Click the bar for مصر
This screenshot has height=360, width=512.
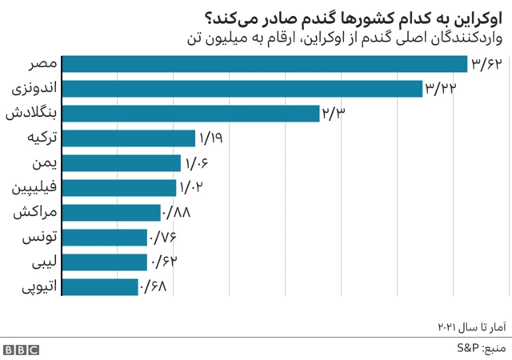pyautogui.click(x=264, y=64)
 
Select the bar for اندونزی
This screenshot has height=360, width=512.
pyautogui.click(x=242, y=89)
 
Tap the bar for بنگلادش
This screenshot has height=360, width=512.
pyautogui.click(x=190, y=114)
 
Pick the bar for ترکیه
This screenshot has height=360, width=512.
pyautogui.click(x=128, y=138)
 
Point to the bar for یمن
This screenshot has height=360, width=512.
pyautogui.click(x=121, y=163)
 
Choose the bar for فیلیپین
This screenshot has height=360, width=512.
pyautogui.click(x=118, y=188)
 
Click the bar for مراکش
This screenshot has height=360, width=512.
pyautogui.click(x=111, y=213)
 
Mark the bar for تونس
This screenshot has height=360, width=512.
pyautogui.click(x=105, y=238)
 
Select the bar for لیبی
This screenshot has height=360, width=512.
pyautogui.click(x=105, y=262)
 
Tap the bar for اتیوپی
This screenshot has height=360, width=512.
pyautogui.click(x=100, y=286)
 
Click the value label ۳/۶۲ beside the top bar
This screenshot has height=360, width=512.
pyautogui.click(x=486, y=64)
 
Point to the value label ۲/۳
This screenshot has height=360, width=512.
pyautogui.click(x=333, y=114)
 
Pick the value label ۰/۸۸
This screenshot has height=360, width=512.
pyautogui.click(x=177, y=213)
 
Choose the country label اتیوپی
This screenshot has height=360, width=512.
pyautogui.click(x=36, y=286)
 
